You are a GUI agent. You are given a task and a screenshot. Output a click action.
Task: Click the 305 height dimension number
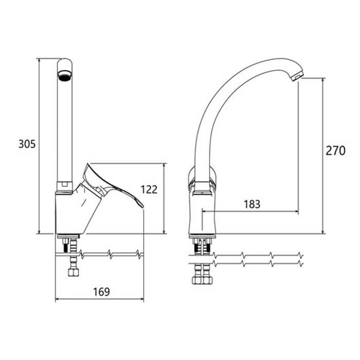click(x=27, y=144)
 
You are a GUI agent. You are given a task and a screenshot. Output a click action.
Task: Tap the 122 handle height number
click(x=149, y=190)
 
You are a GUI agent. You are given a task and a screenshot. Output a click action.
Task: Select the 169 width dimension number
click(x=101, y=292)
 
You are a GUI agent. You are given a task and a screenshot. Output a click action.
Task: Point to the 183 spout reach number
click(x=252, y=204)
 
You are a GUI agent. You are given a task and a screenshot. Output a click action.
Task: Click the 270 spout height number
click(x=335, y=151)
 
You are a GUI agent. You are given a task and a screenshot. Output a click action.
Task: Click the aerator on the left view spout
click(x=65, y=76)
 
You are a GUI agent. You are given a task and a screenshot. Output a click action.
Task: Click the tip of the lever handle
click(x=143, y=207)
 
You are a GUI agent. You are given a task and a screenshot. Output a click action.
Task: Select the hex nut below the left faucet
click(x=74, y=272)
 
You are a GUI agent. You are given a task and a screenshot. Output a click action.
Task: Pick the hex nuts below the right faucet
click(x=202, y=280)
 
